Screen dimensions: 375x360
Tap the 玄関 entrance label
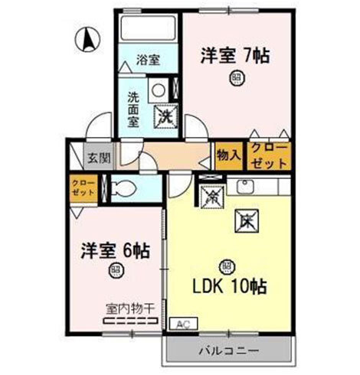pos(98,158)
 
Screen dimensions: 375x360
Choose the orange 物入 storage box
pos(229,155)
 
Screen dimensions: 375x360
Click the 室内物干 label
pos(129,308)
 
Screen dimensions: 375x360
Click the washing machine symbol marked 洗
pos(165,117)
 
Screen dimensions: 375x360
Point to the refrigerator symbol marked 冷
pos(211,195)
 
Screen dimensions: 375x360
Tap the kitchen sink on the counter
pos(247,187)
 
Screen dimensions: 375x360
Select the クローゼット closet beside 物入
pos(268,155)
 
